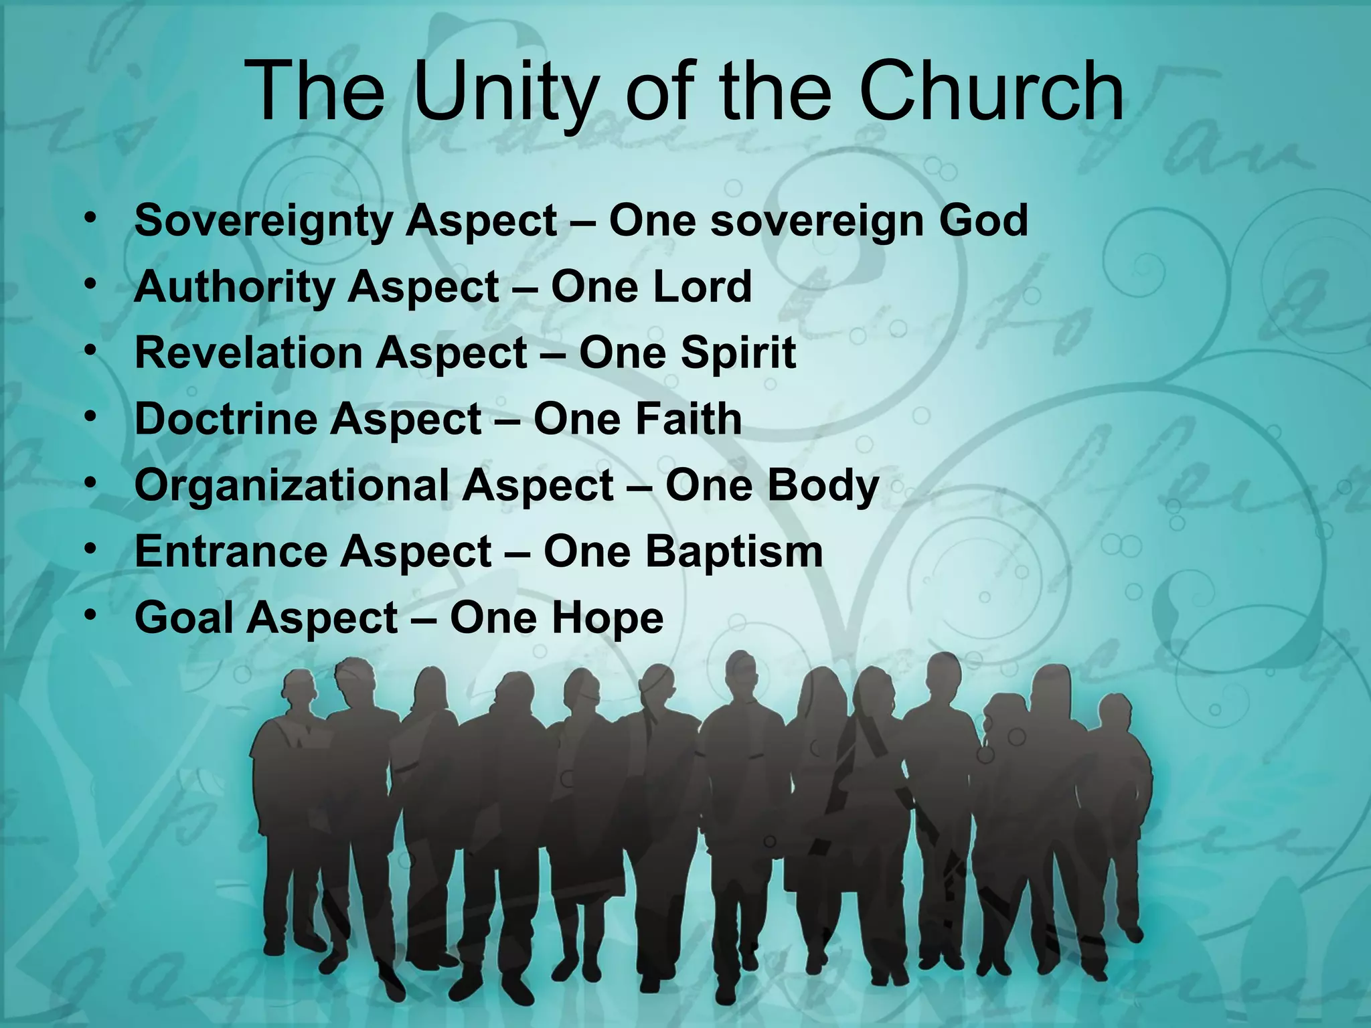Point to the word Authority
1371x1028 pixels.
(234, 287)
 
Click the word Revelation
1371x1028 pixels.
(248, 353)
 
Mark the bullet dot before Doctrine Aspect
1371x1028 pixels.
(90, 415)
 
